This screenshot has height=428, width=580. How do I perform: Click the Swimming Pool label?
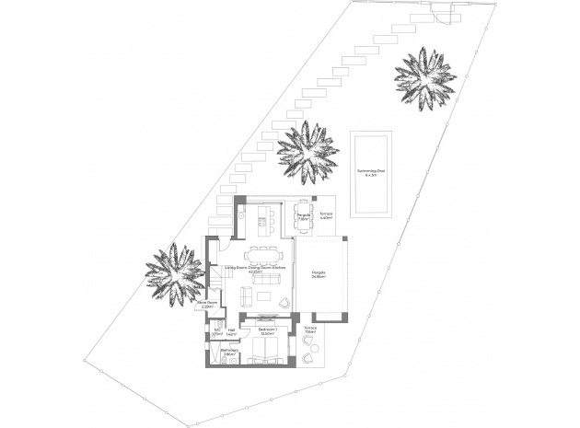tap(372, 172)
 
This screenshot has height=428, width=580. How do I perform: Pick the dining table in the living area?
tap(264, 252)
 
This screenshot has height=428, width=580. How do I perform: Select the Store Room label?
tap(207, 304)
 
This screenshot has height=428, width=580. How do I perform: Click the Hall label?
tap(232, 330)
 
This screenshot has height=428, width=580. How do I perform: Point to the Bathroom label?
tap(229, 352)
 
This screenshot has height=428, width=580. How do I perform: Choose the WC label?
tap(217, 330)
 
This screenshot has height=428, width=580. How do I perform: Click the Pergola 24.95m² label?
tap(319, 275)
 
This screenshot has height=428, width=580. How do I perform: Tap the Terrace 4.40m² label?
tap(326, 217)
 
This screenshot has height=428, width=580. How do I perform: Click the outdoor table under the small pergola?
tap(303, 217)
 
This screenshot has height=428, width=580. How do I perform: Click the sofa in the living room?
tap(245, 295)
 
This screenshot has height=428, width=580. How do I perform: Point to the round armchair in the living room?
tap(284, 303)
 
